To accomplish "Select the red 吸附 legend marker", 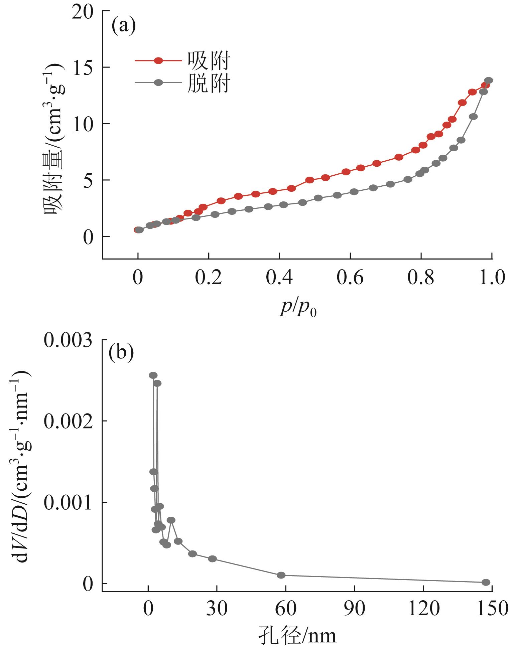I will tap(158, 60).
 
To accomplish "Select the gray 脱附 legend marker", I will tap(158, 83).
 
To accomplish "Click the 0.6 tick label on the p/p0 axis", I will tap(350, 278).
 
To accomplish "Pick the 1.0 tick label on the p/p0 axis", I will tap(491, 278).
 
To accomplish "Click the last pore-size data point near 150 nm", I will tap(486, 582).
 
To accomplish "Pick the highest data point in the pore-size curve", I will tap(153, 375).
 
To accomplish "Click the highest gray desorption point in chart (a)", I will tap(489, 80).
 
